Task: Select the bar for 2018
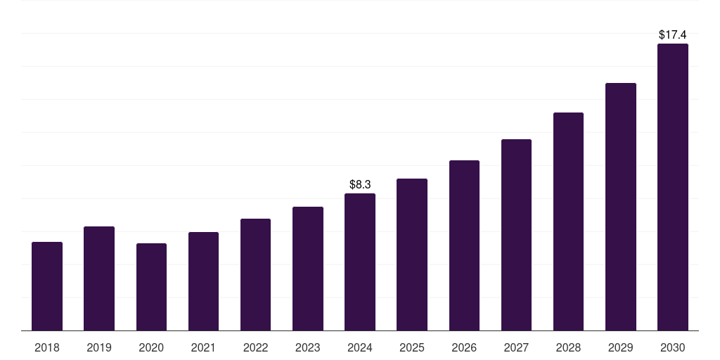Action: click(x=47, y=286)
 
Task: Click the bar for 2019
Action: click(x=99, y=278)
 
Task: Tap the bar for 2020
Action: click(x=151, y=287)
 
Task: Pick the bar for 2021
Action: click(x=203, y=281)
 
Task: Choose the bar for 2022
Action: click(x=255, y=275)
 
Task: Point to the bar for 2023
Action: click(x=308, y=269)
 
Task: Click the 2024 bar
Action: click(x=360, y=262)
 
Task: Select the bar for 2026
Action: click(x=464, y=245)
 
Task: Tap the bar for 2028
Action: click(x=568, y=221)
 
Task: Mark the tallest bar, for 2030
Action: click(x=673, y=187)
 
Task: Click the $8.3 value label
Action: click(x=360, y=185)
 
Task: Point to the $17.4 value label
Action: click(x=673, y=34)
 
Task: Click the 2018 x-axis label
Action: click(x=47, y=348)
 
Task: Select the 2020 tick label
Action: click(x=151, y=348)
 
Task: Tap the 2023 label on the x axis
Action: click(x=308, y=348)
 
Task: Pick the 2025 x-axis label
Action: click(x=412, y=348)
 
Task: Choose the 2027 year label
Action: click(x=516, y=348)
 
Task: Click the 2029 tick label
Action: click(x=620, y=348)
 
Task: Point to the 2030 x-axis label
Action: click(x=673, y=348)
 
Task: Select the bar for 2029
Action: click(x=620, y=207)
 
